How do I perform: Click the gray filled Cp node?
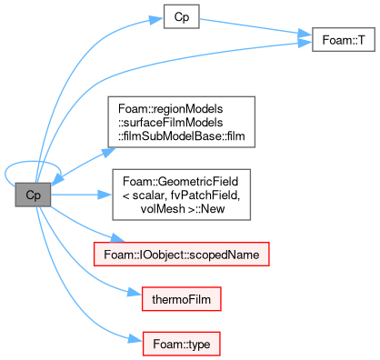tap(33, 195)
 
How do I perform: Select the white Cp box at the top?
tap(182, 16)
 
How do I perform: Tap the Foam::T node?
tap(344, 40)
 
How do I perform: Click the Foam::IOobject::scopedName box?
tap(182, 255)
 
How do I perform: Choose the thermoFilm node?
tap(182, 299)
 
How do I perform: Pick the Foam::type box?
tap(182, 344)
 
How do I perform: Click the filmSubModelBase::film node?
tap(182, 122)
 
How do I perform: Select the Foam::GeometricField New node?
tap(182, 195)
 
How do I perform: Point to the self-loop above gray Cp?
tap(32, 162)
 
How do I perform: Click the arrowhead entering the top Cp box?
tap(156, 20)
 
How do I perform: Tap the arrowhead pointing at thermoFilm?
tap(135, 292)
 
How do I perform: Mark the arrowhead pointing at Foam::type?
tap(135, 338)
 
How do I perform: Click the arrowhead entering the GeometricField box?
tap(105, 195)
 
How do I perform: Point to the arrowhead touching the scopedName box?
tap(117, 238)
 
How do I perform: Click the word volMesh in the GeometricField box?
tap(163, 209)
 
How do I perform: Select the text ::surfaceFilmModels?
tap(171, 123)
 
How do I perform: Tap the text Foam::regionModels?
tap(171, 109)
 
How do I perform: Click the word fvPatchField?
tap(205, 195)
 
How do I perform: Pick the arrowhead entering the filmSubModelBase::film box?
tap(108, 152)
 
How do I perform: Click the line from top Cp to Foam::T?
tap(255, 26)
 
